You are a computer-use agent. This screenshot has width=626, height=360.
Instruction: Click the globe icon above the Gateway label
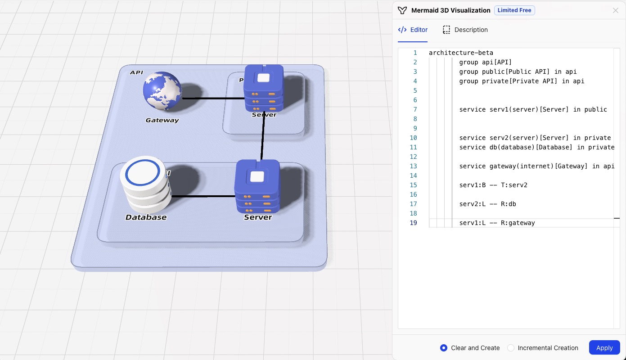pyautogui.click(x=162, y=91)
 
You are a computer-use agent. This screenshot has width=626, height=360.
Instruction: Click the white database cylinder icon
pyautogui.click(x=145, y=184)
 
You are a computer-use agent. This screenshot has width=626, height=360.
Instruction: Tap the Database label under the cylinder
pyautogui.click(x=146, y=217)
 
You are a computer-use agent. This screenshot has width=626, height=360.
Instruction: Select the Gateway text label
pyautogui.click(x=162, y=120)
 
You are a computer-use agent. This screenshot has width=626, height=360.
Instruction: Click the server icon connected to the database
pyautogui.click(x=257, y=186)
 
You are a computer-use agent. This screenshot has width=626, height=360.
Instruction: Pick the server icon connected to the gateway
pyautogui.click(x=263, y=88)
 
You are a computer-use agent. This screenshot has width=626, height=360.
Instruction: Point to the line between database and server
pyautogui.click(x=203, y=196)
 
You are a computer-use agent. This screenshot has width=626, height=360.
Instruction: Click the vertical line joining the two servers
pyautogui.click(x=263, y=135)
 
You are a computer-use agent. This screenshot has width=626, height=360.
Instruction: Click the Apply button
pyautogui.click(x=604, y=348)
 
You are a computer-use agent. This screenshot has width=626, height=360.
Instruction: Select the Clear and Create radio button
pyautogui.click(x=444, y=348)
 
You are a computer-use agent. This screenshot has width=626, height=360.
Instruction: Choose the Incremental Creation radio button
pyautogui.click(x=511, y=348)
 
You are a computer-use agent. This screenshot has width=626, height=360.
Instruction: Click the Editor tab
pyautogui.click(x=413, y=30)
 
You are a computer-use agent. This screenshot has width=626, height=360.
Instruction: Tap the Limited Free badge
pyautogui.click(x=514, y=10)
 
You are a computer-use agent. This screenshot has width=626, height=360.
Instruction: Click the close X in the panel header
pyautogui.click(x=615, y=10)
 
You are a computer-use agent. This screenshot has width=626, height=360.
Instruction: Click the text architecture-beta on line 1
pyautogui.click(x=461, y=53)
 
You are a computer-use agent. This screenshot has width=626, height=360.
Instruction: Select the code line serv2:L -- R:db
pyautogui.click(x=487, y=204)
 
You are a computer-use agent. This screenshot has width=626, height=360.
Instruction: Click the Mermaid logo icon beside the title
pyautogui.click(x=402, y=10)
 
